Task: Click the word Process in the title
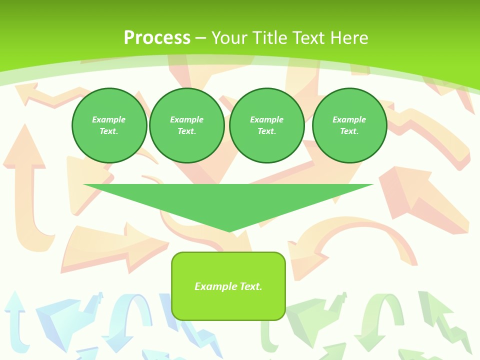click(x=157, y=38)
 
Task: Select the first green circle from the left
click(x=109, y=125)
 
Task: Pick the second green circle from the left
click(x=186, y=125)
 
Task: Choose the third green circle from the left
click(x=266, y=125)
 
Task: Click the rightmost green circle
click(x=349, y=125)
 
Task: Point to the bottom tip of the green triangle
click(x=229, y=230)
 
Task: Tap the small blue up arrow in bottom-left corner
click(x=15, y=320)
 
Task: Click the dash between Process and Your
click(x=200, y=38)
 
